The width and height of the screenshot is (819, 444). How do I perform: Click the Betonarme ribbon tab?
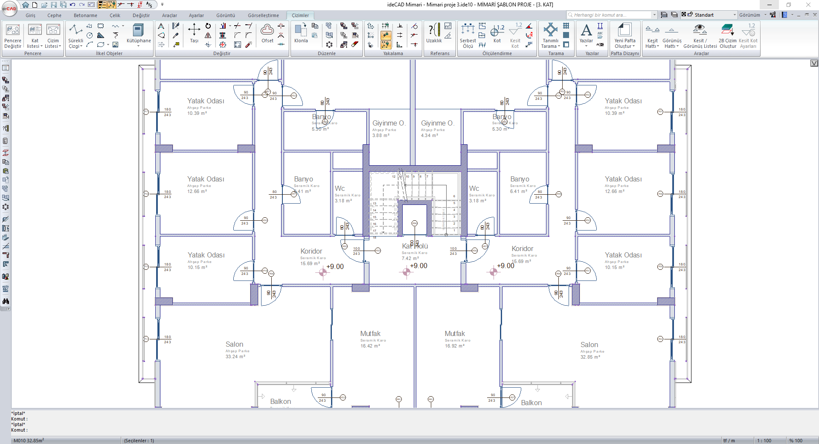[85, 15]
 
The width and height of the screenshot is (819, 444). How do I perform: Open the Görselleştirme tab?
[263, 15]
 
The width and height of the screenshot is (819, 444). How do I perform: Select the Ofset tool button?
[267, 33]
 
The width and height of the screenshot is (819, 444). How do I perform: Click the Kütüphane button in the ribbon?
[139, 33]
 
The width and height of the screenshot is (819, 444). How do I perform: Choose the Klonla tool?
[301, 33]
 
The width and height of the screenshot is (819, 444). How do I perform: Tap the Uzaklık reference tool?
[434, 33]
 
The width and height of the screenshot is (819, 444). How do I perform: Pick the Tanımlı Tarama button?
[550, 35]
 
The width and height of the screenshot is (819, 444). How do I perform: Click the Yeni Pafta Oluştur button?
[624, 35]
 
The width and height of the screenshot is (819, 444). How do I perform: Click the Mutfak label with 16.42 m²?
[370, 334]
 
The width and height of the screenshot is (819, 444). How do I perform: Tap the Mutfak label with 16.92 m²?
[455, 334]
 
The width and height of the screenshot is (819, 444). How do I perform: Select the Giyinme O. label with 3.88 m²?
[388, 123]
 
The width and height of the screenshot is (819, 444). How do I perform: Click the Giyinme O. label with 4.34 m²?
[438, 123]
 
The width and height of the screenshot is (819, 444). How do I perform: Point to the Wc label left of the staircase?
[340, 189]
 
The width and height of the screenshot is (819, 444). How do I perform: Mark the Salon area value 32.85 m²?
[590, 357]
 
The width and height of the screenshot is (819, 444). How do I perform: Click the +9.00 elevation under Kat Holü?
[418, 266]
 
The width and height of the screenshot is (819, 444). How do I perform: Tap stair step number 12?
[394, 176]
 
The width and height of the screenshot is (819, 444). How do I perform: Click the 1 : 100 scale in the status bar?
[764, 441]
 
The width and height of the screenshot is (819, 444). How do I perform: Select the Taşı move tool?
[194, 33]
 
